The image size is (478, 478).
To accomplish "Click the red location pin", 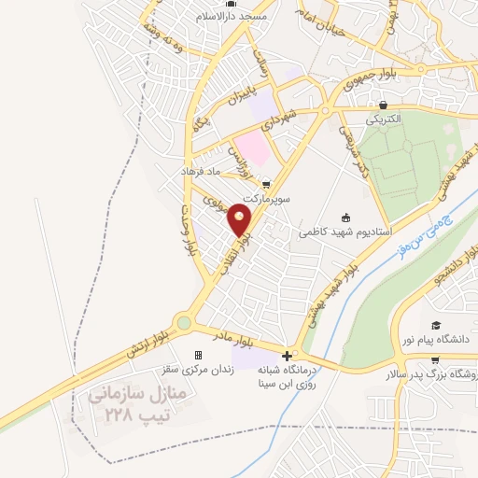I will point(240,219).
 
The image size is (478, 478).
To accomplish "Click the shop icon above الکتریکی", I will point(382,105).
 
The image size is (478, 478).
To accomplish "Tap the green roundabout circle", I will point(184,323).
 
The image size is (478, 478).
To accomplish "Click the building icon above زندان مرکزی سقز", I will point(198,355).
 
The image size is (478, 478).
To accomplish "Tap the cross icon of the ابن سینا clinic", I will point(287,356).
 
